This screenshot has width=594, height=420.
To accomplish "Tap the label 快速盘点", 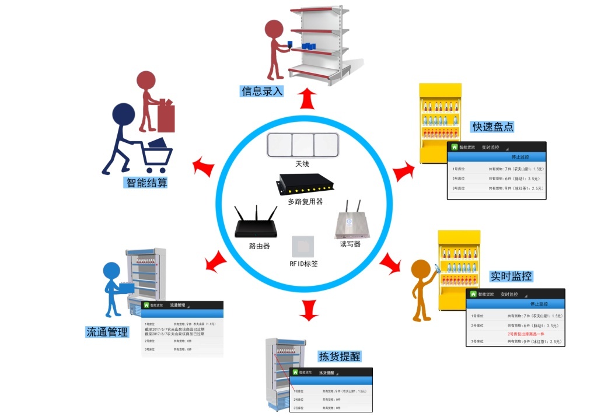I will (x=493, y=127).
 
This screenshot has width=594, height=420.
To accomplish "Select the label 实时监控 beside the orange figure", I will (x=511, y=276).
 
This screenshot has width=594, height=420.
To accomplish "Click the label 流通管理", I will (x=107, y=332).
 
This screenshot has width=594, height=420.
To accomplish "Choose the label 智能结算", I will (x=146, y=183).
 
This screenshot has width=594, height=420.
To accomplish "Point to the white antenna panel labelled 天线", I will (x=302, y=145).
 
